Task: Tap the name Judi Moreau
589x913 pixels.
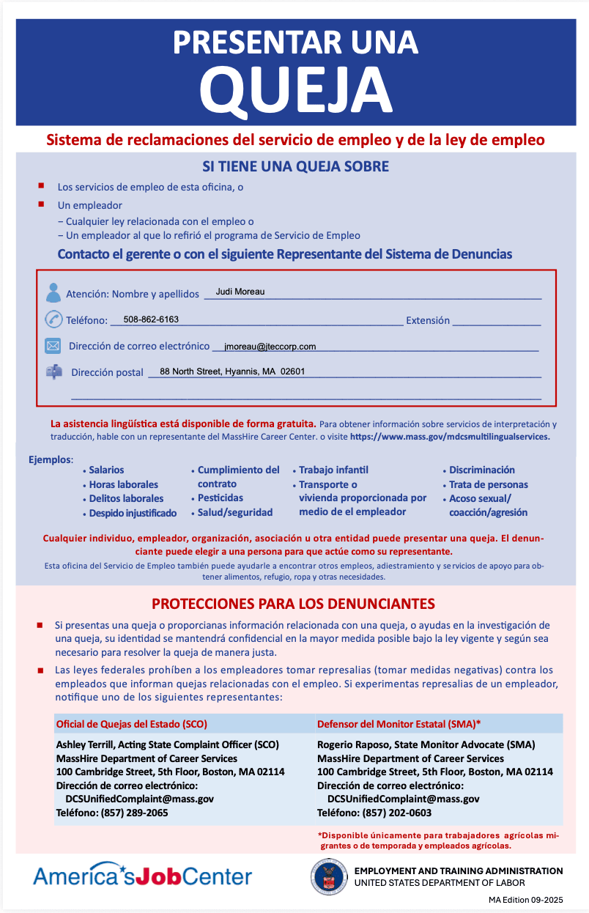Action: click(x=240, y=292)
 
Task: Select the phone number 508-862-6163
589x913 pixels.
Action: click(x=151, y=319)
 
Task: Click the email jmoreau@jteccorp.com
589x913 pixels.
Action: click(x=270, y=347)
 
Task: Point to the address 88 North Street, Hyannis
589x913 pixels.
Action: click(x=231, y=372)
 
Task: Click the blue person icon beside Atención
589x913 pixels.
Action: click(x=53, y=292)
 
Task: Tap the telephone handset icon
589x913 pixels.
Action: click(x=53, y=319)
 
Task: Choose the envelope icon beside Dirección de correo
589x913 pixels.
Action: click(x=53, y=346)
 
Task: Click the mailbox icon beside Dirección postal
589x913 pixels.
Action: click(x=53, y=372)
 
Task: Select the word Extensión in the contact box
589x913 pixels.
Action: click(x=428, y=320)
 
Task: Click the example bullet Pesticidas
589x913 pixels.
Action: click(x=221, y=498)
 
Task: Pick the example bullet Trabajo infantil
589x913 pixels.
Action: click(x=333, y=470)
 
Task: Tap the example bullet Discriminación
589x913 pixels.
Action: click(x=481, y=470)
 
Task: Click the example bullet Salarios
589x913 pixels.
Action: click(x=106, y=470)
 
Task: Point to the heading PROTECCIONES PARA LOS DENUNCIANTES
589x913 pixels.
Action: click(x=293, y=604)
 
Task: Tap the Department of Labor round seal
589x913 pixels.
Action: click(x=329, y=876)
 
